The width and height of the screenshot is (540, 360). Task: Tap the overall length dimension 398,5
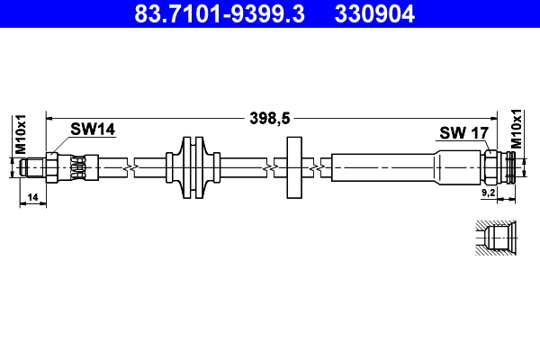pos(270,116)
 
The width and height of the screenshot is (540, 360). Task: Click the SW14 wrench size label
pos(94,130)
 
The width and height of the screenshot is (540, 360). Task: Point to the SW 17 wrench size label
pos(463,133)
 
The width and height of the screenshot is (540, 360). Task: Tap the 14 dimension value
pos(32,196)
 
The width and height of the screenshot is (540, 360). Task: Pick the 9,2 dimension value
pos(490,192)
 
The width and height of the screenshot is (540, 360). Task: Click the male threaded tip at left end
pos(32,167)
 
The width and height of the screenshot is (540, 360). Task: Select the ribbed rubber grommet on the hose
pos(193,167)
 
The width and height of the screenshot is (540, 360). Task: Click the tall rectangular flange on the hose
pos(294,167)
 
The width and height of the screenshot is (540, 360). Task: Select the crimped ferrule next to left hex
pos(79,167)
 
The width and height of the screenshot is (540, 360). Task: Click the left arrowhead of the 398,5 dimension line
pos(50,117)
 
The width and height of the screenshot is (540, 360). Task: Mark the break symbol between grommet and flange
pos(267,167)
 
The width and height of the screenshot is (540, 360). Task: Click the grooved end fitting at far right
pos(510,167)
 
